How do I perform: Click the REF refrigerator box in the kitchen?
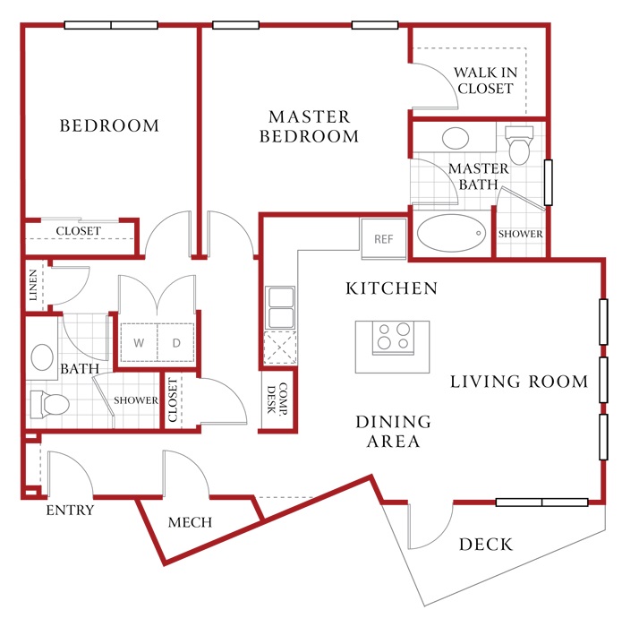pos(384,238)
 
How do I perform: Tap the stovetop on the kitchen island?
pos(393,338)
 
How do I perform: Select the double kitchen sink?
pos(280,307)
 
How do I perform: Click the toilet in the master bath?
pos(519,145)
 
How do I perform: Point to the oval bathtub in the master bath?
pos(451,233)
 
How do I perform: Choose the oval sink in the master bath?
pos(456,138)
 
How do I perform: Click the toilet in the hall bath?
pos(50,405)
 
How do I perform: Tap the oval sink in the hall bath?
pos(42,357)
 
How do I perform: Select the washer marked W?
pos(139,343)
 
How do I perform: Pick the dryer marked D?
pos(176,343)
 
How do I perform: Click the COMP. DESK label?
pos(277,399)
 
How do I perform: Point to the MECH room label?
pos(190,522)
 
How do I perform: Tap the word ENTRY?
pos(70,511)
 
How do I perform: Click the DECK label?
pos(486,545)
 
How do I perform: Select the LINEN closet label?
pos(33,285)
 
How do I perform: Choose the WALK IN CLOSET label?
pos(485,81)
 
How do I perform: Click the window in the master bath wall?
pos(549,183)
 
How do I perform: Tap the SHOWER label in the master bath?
pos(520,234)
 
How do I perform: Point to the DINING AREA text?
pos(394,432)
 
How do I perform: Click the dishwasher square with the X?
pos(280,348)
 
